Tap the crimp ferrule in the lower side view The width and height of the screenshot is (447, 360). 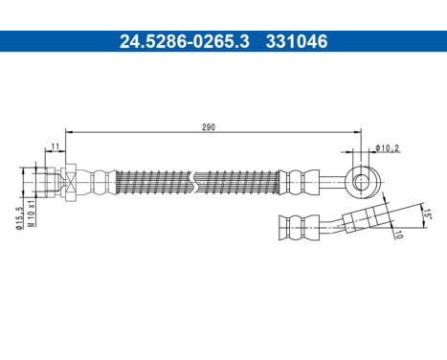coord(296,225)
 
